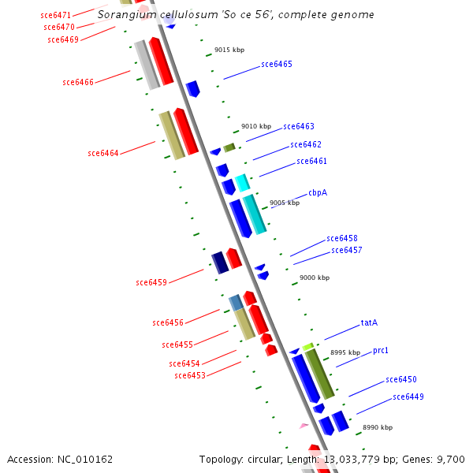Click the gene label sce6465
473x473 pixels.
pyautogui.click(x=277, y=65)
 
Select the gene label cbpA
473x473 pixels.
pyautogui.click(x=318, y=192)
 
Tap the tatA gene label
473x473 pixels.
pyautogui.click(x=369, y=322)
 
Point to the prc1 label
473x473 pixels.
pyautogui.click(x=381, y=350)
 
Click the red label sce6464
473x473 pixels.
pyautogui.click(x=103, y=154)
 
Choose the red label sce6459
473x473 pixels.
pyautogui.click(x=151, y=282)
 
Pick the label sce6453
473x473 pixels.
pyautogui.click(x=190, y=376)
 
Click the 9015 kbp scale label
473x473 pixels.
pyautogui.click(x=229, y=50)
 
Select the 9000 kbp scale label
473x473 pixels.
pyautogui.click(x=315, y=277)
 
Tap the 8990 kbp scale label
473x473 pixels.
pyautogui.click(x=378, y=427)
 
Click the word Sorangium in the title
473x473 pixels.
pyautogui.click(x=125, y=15)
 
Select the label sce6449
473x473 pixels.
pyautogui.click(x=408, y=397)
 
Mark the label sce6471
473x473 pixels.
pyautogui.click(x=55, y=15)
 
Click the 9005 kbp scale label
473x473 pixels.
pyautogui.click(x=285, y=203)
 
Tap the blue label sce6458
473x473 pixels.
pyautogui.click(x=342, y=238)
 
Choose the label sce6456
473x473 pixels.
pyautogui.click(x=168, y=322)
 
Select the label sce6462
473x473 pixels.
pyautogui.click(x=306, y=144)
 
